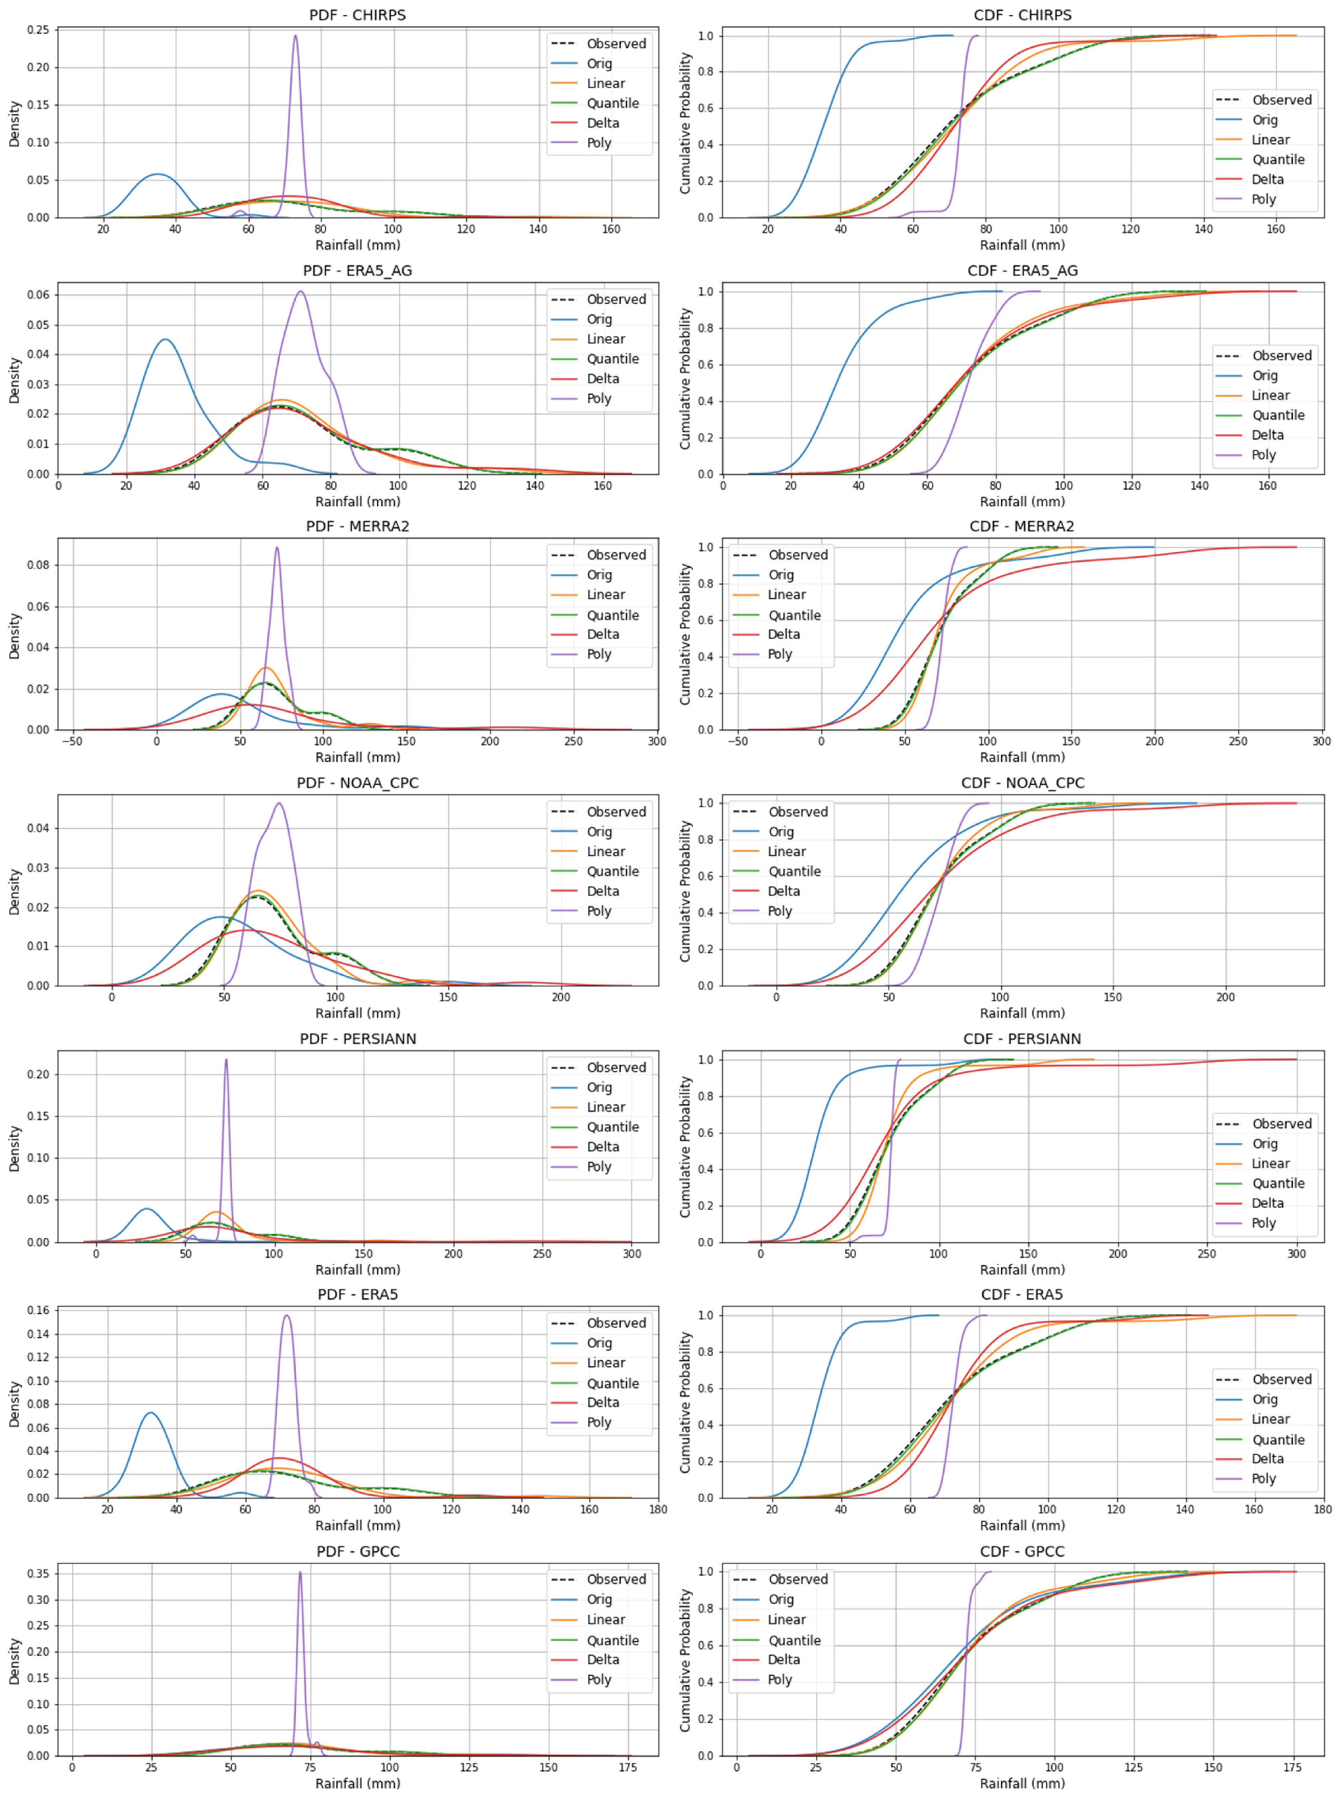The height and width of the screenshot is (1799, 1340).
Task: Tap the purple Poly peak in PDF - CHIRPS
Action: point(295,36)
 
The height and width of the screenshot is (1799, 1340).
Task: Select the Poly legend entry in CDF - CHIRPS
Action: point(1263,200)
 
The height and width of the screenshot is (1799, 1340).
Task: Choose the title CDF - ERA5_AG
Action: point(1022,271)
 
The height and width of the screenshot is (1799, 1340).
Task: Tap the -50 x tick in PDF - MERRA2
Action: point(73,741)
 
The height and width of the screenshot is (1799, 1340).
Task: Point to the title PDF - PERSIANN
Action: point(358,1039)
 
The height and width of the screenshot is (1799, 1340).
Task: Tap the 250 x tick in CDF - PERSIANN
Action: point(1207,1254)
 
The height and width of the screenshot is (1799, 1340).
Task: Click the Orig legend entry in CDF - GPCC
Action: point(780,1599)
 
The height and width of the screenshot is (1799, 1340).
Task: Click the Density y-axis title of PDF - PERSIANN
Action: point(15,1148)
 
